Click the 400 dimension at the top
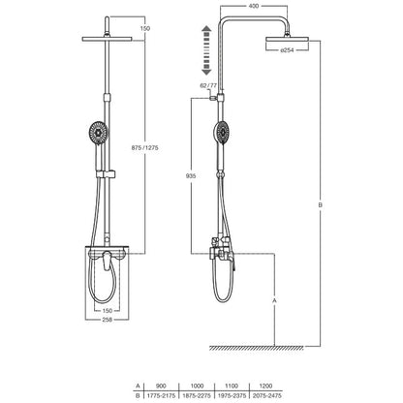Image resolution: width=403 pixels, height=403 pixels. coord(254,6)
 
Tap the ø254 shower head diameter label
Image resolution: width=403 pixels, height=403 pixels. coord(287,50)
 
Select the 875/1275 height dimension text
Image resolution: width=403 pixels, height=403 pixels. coord(145,148)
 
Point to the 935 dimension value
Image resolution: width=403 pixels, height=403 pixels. coord(191,176)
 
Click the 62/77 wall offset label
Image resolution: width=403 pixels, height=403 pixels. coord(208,85)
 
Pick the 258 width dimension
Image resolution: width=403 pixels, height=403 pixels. coord(107,320)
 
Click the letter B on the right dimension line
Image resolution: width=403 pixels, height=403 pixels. coord(321,204)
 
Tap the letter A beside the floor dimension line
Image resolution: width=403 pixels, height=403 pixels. coord(274,300)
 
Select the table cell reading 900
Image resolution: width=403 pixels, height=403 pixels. coord(161,386)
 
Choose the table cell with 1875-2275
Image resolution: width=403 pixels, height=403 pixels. coord(197,395)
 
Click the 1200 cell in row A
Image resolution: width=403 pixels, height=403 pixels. coord(265,386)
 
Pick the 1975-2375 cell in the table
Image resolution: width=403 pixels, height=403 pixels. coord(232,395)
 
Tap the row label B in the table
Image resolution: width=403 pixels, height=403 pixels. coord(138,395)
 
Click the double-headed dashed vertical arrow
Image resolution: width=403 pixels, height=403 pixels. coord(206,51)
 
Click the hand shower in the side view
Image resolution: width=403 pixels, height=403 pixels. coord(222,133)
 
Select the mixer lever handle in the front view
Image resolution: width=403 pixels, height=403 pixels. coord(107,261)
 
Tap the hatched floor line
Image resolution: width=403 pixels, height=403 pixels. coord(257,348)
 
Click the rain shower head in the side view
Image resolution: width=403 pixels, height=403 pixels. coord(287,39)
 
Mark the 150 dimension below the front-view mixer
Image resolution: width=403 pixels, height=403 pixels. coord(107,311)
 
